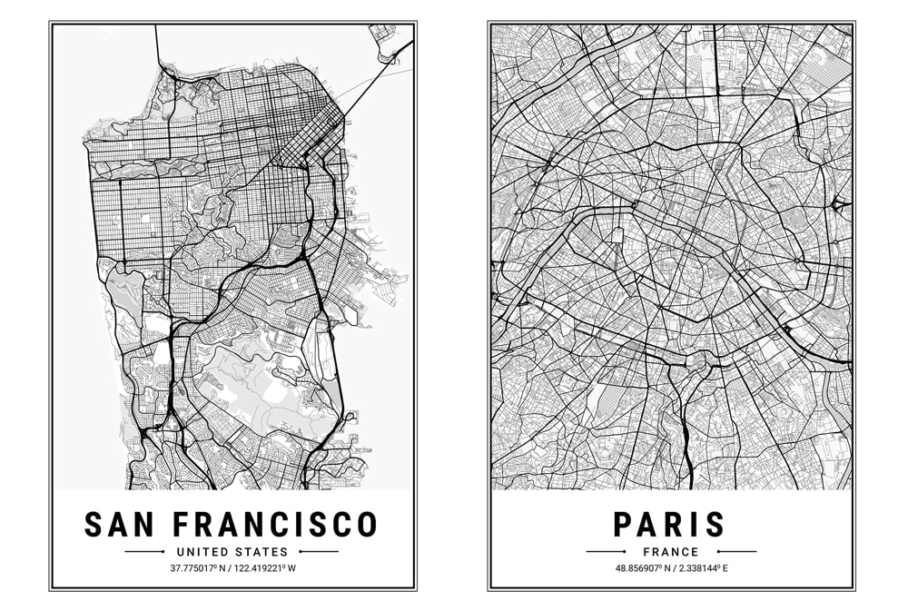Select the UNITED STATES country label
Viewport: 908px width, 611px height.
[232, 551]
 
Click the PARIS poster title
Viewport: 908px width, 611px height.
[670, 524]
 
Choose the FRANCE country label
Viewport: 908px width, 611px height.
[671, 551]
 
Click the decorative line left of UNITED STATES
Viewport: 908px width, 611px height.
[144, 551]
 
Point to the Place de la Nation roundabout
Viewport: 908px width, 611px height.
[798, 261]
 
